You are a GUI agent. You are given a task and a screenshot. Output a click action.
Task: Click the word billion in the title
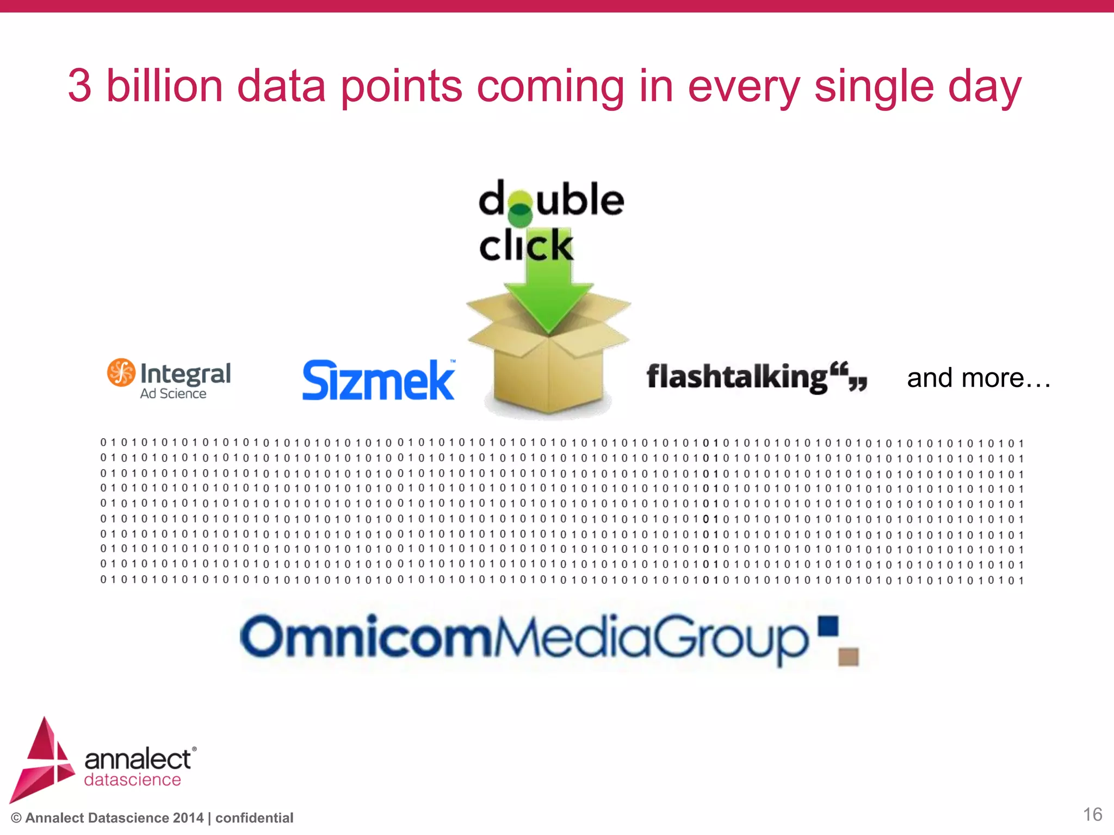coord(164,86)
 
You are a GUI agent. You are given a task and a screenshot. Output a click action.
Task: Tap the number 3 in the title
coord(79,86)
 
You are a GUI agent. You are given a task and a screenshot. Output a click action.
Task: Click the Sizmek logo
coord(378,380)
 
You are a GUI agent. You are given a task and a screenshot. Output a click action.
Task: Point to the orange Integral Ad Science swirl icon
coord(121,372)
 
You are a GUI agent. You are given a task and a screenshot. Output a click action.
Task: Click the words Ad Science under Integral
coord(173,394)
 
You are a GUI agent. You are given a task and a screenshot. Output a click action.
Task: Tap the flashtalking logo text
coord(737,377)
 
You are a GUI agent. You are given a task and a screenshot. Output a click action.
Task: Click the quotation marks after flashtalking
coord(850,377)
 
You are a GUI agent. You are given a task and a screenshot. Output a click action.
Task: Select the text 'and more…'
coord(979,378)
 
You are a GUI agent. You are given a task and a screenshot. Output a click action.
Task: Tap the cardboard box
coord(548,370)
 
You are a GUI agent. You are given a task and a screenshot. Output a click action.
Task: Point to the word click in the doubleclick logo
coord(526,246)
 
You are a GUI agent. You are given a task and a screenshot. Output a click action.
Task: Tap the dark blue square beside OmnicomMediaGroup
coord(828,626)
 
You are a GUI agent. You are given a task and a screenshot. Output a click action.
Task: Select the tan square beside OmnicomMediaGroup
coord(849,657)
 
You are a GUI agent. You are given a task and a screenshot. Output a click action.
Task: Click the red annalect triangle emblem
coord(42,761)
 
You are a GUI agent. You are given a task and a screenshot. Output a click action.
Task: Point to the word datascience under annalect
coord(132,780)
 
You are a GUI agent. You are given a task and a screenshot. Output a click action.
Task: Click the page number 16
coord(1092,814)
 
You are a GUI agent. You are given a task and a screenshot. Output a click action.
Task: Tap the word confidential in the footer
coord(254,818)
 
